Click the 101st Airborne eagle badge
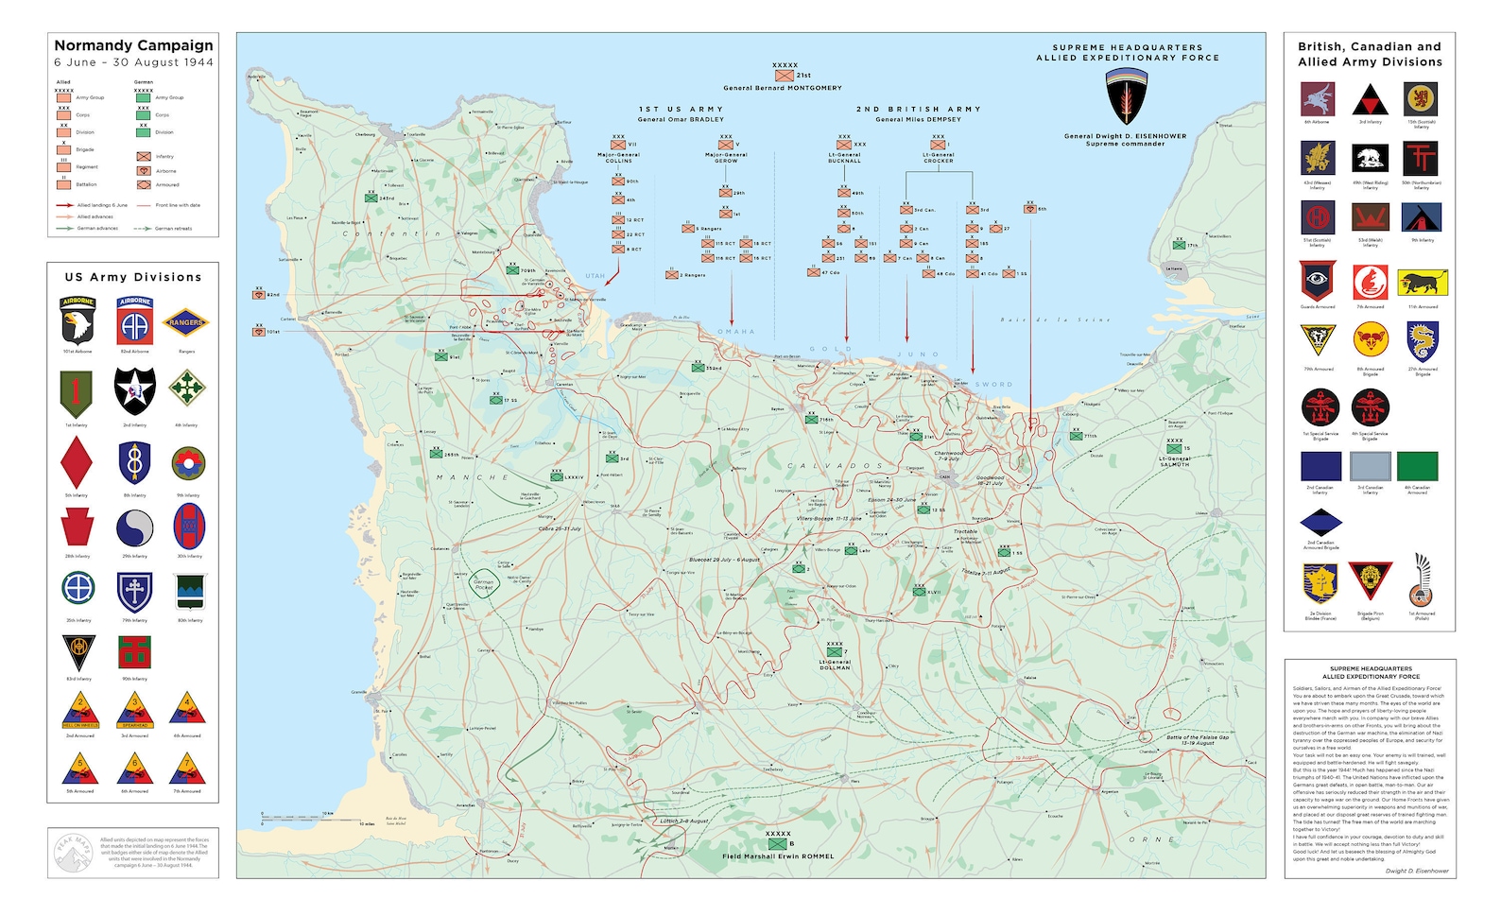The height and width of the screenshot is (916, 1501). [x=78, y=321]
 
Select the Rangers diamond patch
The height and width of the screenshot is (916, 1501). [x=186, y=323]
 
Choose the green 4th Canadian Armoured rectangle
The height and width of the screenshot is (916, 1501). [x=1417, y=466]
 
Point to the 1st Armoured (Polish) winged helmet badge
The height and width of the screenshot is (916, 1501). [x=1421, y=583]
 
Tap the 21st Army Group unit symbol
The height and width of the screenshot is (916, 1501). [x=784, y=75]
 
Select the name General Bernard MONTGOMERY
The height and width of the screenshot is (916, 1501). [x=782, y=88]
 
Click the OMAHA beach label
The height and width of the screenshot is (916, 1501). [x=736, y=332]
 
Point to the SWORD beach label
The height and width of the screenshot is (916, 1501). [x=993, y=385]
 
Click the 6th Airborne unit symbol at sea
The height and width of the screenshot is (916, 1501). [x=1030, y=209]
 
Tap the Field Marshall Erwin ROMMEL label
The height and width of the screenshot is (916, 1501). [x=778, y=856]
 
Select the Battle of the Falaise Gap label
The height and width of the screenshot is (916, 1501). [x=1197, y=739]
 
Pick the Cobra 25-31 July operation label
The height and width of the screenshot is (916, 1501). [x=560, y=529]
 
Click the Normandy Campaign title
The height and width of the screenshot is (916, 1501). [x=133, y=45]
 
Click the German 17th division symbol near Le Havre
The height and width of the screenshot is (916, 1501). [x=1179, y=245]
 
